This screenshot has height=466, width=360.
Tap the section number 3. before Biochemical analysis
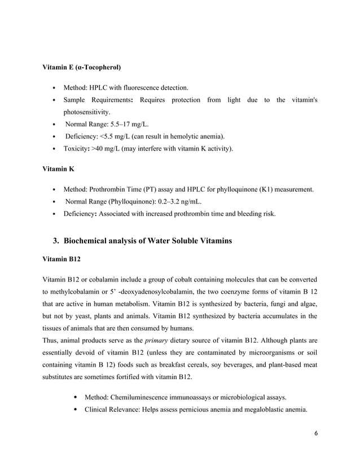click(56, 241)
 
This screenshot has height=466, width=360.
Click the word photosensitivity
click(86, 112)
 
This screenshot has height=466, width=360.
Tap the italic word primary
click(156, 340)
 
